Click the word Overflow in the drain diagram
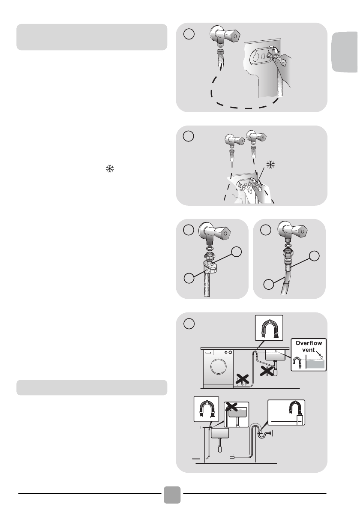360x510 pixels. tap(309, 343)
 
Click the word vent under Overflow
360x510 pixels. tap(308, 350)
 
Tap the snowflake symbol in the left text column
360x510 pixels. tap(110, 169)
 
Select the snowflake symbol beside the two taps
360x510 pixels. tap(270, 165)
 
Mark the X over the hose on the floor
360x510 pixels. tap(242, 379)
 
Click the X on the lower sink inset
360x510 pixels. tap(231, 407)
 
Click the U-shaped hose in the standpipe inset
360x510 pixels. tap(295, 407)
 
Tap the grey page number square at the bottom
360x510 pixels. tap(172, 495)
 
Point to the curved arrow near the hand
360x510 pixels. tap(275, 49)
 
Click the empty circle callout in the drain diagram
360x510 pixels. tap(189, 324)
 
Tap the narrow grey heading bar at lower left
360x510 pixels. tap(92, 388)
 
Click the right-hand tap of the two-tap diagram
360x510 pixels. tap(256, 137)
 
